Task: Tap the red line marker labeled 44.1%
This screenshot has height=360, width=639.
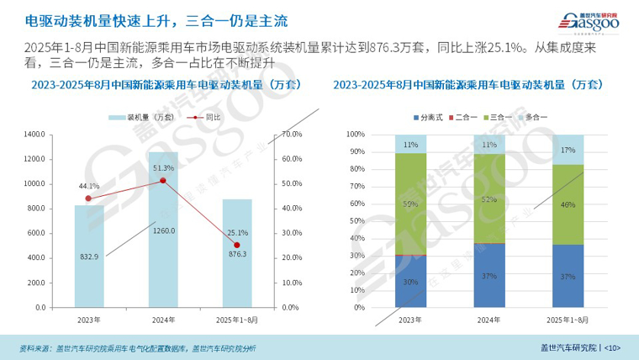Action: [x=88, y=199]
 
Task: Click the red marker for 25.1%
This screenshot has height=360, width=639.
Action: [x=237, y=245]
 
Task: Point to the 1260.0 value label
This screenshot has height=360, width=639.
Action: [x=164, y=230]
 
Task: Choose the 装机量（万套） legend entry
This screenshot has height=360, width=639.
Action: [x=140, y=117]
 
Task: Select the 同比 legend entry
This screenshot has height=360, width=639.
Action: [x=206, y=117]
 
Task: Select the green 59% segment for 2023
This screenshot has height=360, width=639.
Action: [x=410, y=204]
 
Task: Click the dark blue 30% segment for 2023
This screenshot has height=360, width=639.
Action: [x=410, y=281]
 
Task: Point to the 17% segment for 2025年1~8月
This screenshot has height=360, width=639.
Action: [x=568, y=149]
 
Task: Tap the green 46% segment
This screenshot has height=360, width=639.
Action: [x=568, y=204]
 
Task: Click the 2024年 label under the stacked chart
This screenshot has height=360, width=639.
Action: [x=489, y=320]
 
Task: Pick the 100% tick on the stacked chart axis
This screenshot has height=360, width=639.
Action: [x=355, y=135]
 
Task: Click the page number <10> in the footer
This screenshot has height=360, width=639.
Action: [x=611, y=347]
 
